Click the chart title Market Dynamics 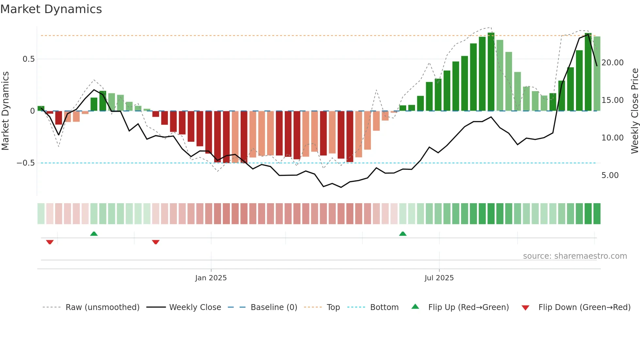[51, 9]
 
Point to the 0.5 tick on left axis [28, 59]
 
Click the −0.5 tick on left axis [26, 163]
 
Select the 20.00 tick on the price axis [612, 63]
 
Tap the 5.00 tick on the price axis [610, 175]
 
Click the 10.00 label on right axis [612, 138]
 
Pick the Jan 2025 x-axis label [211, 278]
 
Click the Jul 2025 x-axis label [439, 278]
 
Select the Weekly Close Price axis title [634, 111]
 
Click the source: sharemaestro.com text [575, 256]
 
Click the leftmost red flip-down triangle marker [50, 242]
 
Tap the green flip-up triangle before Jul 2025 [403, 234]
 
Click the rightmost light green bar [597, 74]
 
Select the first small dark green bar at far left [41, 108]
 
